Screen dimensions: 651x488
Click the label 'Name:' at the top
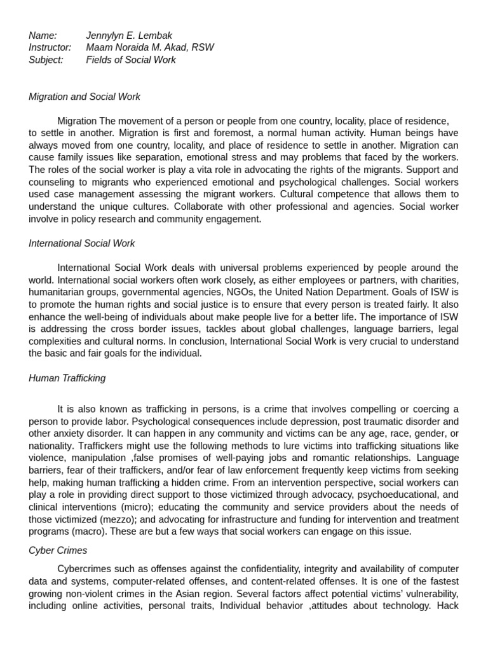coord(43,36)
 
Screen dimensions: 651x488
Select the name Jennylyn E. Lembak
coord(129,36)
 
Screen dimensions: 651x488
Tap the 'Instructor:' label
coord(50,48)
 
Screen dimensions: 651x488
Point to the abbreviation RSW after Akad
coord(203,48)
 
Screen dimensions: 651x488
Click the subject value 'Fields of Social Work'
coord(131,60)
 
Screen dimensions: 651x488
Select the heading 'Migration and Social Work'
coord(85,97)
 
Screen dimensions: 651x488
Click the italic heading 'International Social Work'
coord(81,243)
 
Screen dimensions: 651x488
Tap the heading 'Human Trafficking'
coord(67,378)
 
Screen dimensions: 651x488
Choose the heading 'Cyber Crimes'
coord(58,551)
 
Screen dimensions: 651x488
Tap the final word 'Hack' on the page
coord(447,606)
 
